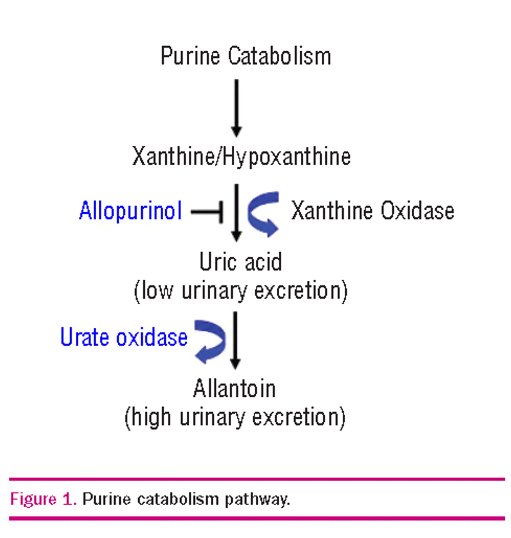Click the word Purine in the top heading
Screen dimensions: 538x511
click(190, 56)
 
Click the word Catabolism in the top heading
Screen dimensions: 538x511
click(280, 56)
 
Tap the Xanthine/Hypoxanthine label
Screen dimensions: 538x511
click(241, 156)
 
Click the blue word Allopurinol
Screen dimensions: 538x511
click(130, 211)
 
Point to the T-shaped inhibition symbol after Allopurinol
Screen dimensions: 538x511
click(208, 211)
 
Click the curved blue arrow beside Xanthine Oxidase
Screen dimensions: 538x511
click(263, 214)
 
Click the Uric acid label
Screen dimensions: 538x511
click(241, 262)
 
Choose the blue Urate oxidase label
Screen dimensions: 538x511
click(124, 337)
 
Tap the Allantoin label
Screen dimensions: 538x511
click(235, 389)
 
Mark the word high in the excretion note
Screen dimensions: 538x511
click(152, 417)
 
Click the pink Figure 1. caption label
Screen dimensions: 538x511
click(43, 499)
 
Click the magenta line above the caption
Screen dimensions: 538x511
click(257, 479)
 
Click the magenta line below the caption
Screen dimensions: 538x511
click(257, 518)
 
